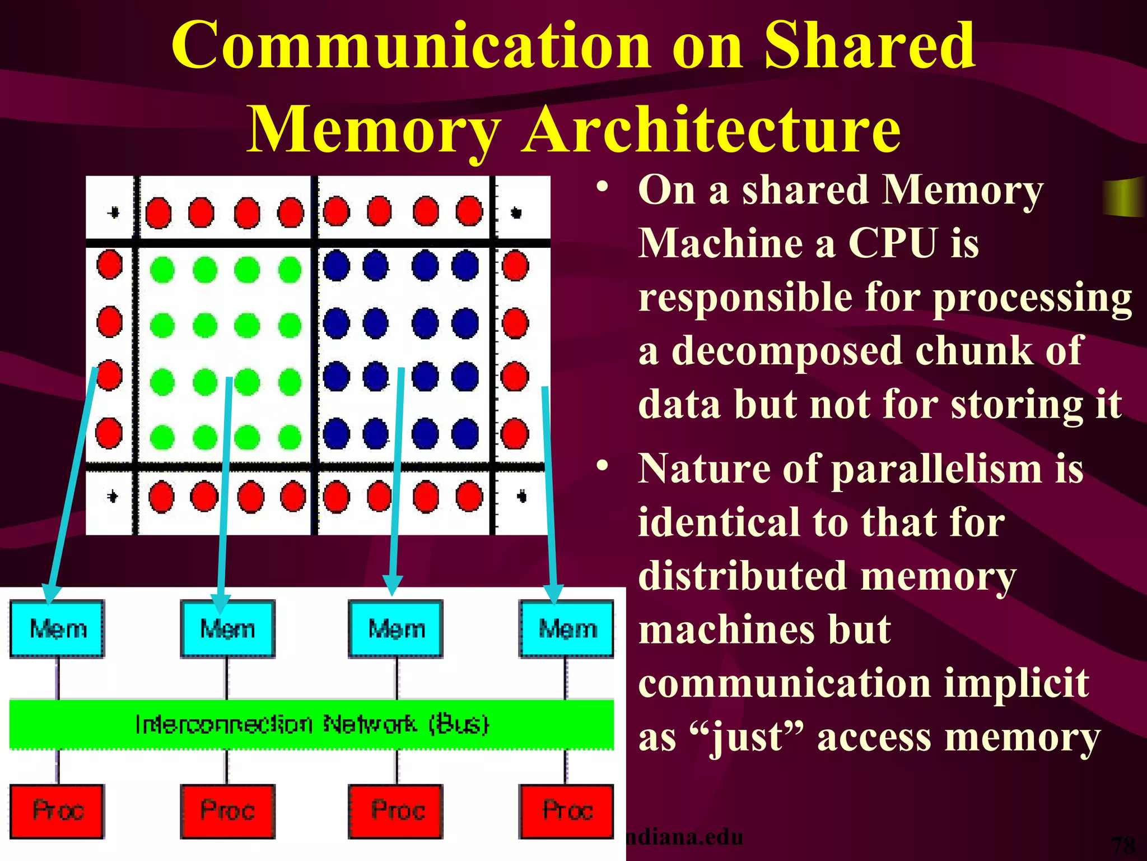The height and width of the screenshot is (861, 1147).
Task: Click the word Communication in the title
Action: pos(411,46)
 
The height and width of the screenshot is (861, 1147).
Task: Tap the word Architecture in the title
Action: pos(711,130)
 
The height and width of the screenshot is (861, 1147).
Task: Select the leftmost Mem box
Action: pos(57,628)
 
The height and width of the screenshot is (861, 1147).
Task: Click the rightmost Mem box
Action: pos(567,628)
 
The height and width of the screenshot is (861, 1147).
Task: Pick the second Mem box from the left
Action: pos(227,628)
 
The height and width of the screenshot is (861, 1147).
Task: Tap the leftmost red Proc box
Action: pos(57,811)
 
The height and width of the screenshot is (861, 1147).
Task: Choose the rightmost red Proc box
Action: pos(567,811)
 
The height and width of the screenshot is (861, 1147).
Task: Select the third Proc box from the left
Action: pos(397,811)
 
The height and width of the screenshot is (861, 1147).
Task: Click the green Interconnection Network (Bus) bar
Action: pos(311,724)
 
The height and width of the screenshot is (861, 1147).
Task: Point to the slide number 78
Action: pos(1122,845)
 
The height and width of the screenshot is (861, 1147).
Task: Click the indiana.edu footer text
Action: pos(684,837)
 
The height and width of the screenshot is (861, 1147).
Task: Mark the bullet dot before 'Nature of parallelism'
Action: pos(602,465)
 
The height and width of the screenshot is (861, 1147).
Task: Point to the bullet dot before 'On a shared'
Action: pos(602,187)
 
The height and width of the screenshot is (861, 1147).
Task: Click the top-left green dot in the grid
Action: pos(162,270)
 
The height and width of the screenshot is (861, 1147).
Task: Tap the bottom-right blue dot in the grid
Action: pos(465,433)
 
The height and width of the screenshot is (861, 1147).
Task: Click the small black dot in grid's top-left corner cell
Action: pos(114,212)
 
